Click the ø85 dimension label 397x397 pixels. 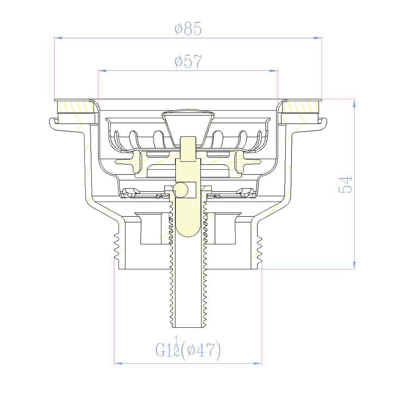click(188, 29)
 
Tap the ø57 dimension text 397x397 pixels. click(188, 61)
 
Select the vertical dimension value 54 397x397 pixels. click(345, 185)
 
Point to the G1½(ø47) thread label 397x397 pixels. click(188, 350)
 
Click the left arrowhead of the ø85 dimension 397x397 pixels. click(58, 38)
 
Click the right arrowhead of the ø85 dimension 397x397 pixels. click(318, 38)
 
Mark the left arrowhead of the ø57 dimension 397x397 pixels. click(102, 71)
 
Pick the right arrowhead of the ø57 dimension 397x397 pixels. click(274, 71)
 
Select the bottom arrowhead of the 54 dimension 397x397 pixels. click(355, 265)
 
